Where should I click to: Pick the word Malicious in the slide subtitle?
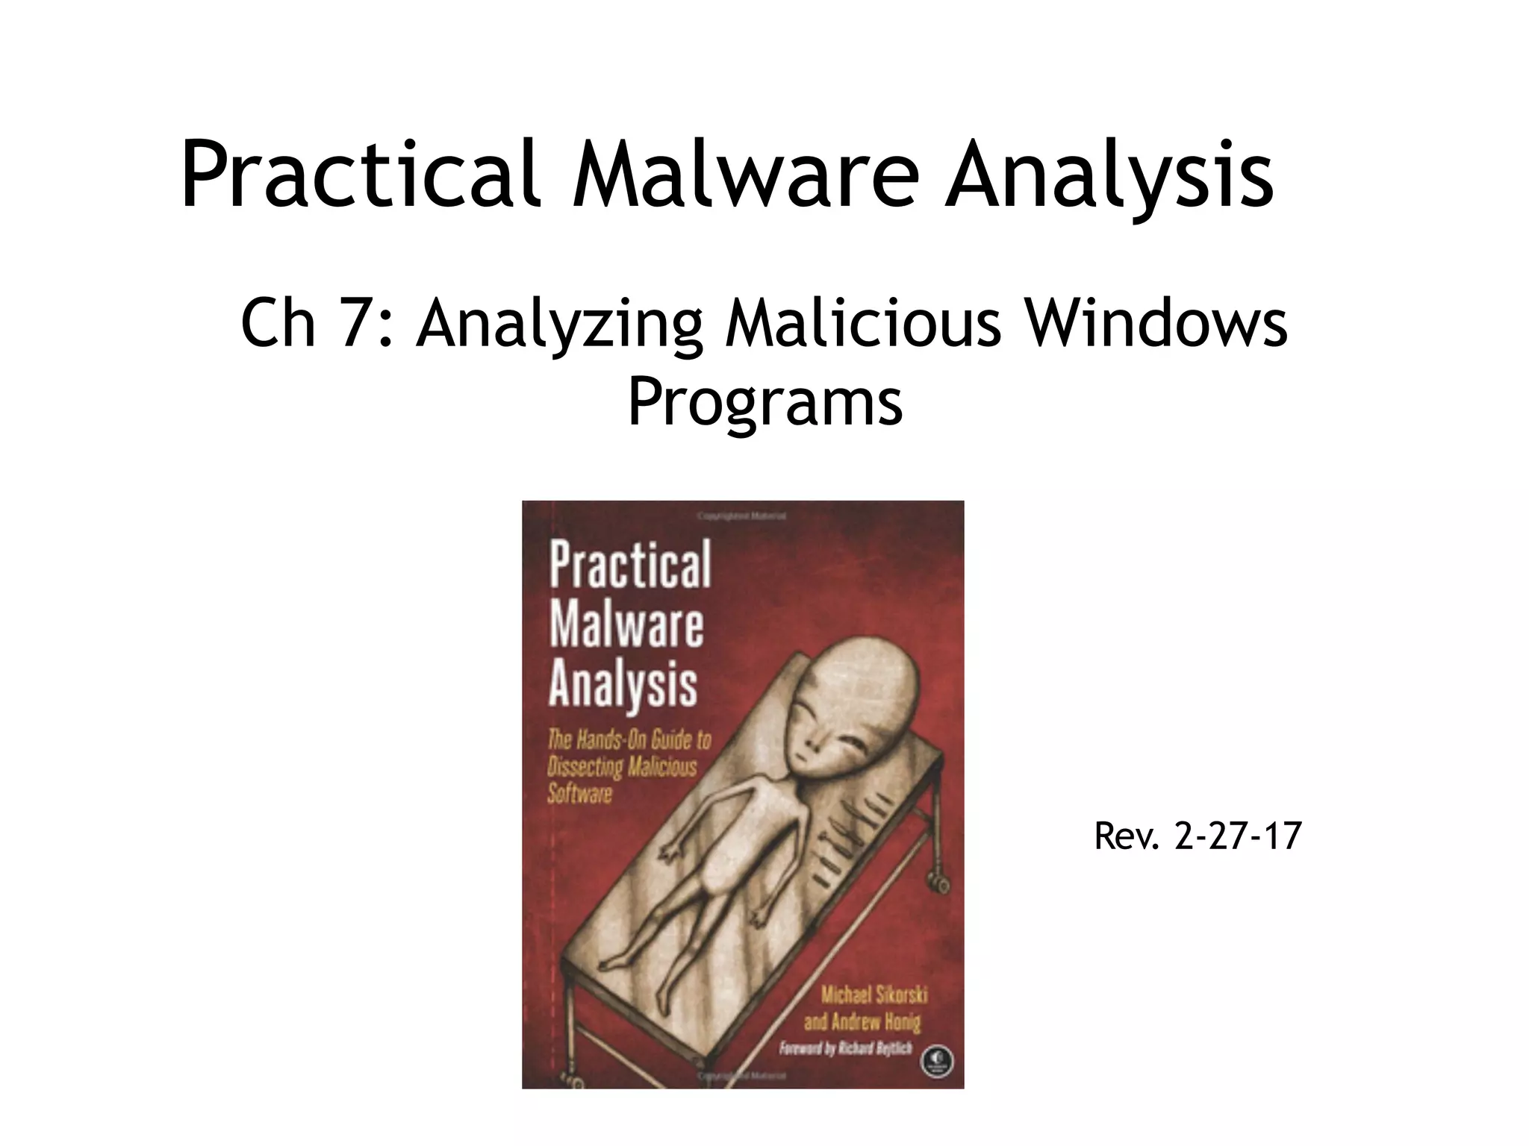(x=862, y=325)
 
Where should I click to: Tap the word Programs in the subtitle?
(x=764, y=403)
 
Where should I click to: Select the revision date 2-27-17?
(x=1238, y=836)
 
